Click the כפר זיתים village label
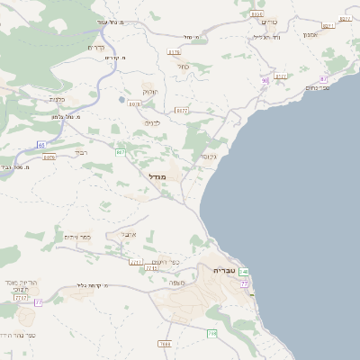[x=78, y=237]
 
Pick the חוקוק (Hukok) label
[x=149, y=91]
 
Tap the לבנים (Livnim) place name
[x=152, y=121]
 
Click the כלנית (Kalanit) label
[x=56, y=99]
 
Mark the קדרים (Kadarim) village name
[x=97, y=47]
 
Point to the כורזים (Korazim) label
[x=270, y=21]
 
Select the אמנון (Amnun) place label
[x=310, y=34]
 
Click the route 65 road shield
[x=41, y=144]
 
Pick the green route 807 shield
[x=120, y=153]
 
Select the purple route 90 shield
[x=265, y=81]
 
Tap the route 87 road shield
[x=323, y=79]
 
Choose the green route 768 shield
[x=211, y=334]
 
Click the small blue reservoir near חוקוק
[x=121, y=99]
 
